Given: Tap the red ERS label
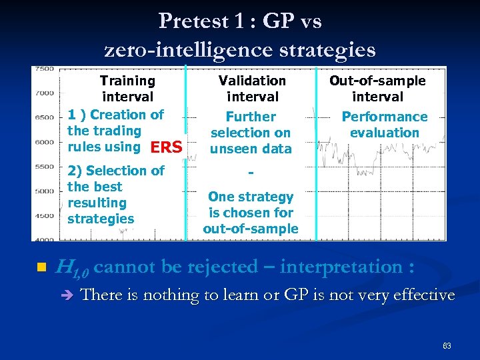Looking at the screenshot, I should pos(166,147).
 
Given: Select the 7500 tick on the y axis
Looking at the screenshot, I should pos(44,69).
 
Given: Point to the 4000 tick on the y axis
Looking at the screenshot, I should pos(44,239).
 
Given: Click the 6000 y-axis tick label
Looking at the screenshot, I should pos(44,142).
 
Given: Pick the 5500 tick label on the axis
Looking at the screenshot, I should pos(44,167).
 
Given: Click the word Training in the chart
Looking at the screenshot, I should pos(127,81).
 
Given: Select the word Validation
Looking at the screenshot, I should pos(252,81).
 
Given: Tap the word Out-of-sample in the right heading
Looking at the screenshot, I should pos(377,81).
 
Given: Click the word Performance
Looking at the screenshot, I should pos(385,117).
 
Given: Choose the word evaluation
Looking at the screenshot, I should pos(385,133).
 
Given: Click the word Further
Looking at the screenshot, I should pos(251,117).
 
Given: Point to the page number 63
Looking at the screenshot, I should pos(447,346).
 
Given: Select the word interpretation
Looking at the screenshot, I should pos(341,267).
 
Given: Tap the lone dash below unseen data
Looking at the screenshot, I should pos(251,173).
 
